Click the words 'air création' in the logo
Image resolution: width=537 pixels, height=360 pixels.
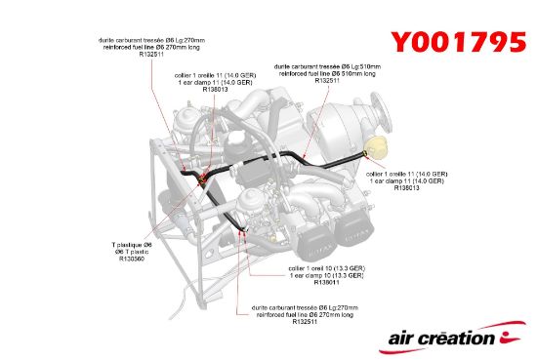coord(442,339)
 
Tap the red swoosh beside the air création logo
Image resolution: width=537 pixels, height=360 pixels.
coord(512,336)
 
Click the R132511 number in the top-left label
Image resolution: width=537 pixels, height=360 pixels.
coord(151,56)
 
